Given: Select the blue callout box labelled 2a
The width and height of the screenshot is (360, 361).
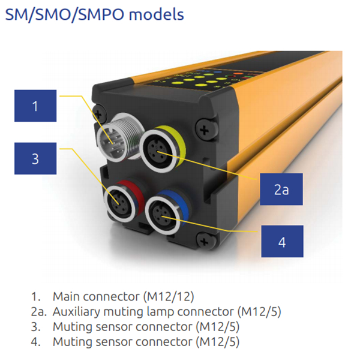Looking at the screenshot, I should coord(281,189).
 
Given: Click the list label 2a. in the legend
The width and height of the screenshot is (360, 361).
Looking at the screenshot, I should coord(37,312).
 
